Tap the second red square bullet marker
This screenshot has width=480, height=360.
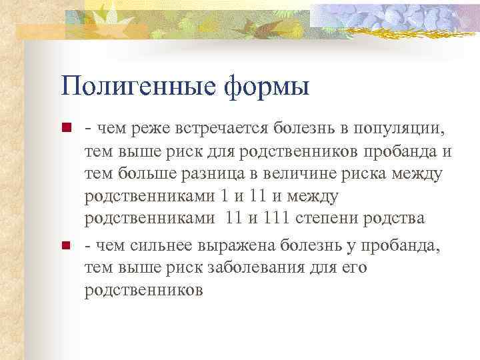coord(65,246)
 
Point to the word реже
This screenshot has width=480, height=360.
coord(141,127)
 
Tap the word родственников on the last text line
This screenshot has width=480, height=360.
coord(143,291)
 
